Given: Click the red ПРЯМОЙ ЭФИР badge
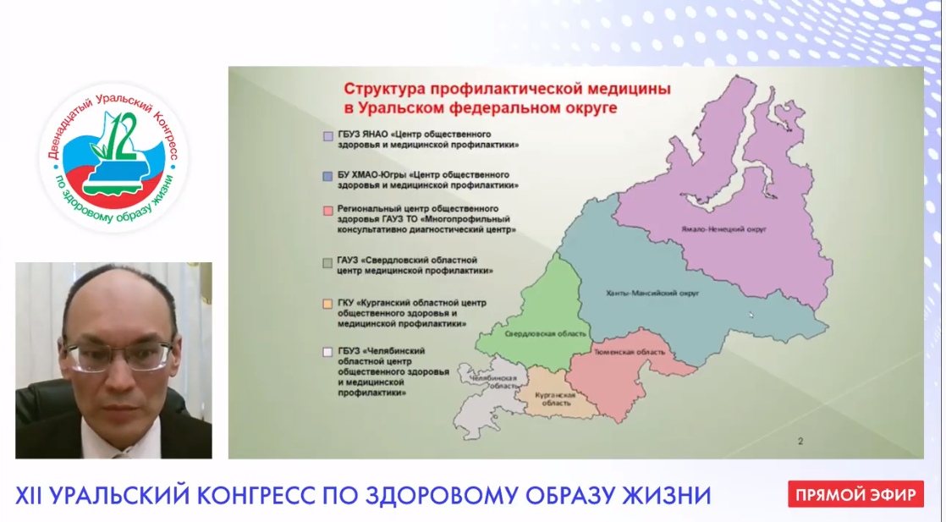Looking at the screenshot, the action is click(x=855, y=495).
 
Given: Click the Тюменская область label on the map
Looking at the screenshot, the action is click(x=630, y=352).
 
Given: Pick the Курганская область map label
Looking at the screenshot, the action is click(x=555, y=398).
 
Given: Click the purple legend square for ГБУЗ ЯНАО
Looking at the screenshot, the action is click(x=327, y=136).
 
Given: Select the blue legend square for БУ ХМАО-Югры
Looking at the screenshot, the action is click(x=327, y=176).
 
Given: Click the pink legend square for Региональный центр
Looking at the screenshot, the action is click(x=327, y=212).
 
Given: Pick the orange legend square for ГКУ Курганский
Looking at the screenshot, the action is click(x=327, y=305).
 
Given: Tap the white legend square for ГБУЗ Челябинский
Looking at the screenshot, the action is click(x=327, y=353).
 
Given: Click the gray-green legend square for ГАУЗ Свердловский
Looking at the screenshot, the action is click(x=327, y=263).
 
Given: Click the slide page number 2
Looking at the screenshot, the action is click(x=800, y=442).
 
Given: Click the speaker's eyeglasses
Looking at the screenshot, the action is click(x=118, y=355).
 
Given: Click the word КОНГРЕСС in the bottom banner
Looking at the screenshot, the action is click(x=256, y=496).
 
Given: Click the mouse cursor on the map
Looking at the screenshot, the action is click(x=751, y=315).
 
